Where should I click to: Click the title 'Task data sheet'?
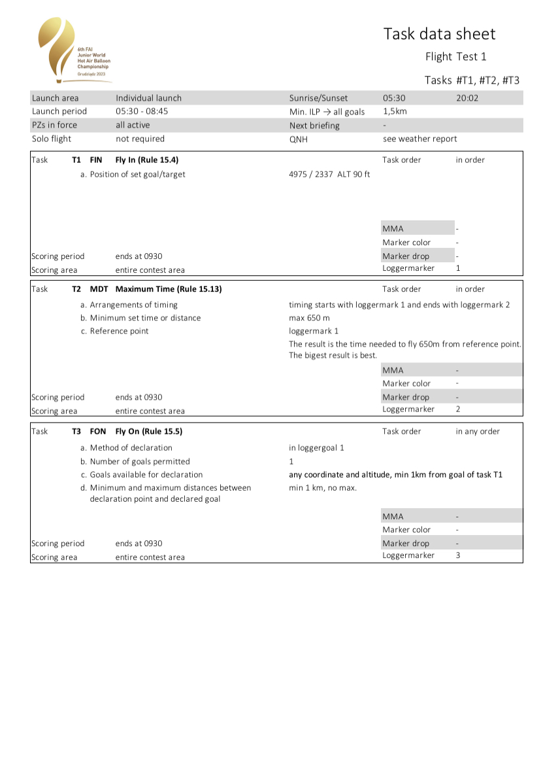click(x=439, y=34)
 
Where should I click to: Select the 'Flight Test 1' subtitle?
click(x=455, y=57)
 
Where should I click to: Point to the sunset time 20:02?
click(x=467, y=98)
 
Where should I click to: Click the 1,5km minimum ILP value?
click(x=395, y=112)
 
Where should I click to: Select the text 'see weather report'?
click(x=419, y=139)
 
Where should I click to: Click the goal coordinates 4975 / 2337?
click(x=311, y=175)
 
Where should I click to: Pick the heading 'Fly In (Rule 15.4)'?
click(x=147, y=160)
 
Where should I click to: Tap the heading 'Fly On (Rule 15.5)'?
click(x=148, y=432)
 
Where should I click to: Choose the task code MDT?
click(x=99, y=289)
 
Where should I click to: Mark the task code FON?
click(x=98, y=432)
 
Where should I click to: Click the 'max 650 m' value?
click(x=309, y=318)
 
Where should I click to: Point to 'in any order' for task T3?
click(x=478, y=432)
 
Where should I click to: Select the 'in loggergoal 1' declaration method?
click(x=316, y=448)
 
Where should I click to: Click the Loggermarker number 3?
click(x=457, y=556)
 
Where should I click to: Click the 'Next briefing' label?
click(x=314, y=126)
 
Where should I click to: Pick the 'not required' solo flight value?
click(x=140, y=139)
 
